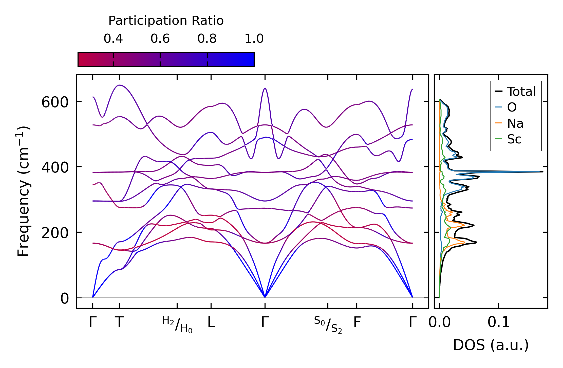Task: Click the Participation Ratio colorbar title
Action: [166, 21]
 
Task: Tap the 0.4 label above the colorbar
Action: [113, 39]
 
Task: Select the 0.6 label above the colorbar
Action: [160, 39]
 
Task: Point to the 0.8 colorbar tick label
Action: [207, 39]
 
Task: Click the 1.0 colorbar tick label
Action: [254, 39]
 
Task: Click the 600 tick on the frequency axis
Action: [55, 103]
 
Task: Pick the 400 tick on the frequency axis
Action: [55, 168]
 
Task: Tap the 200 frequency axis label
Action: [55, 233]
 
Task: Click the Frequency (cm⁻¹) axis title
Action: [24, 191]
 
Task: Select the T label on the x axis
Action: [119, 322]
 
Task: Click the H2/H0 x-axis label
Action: [177, 325]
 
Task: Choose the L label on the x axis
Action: [211, 322]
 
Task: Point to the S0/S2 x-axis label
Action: [328, 325]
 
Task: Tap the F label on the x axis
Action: [357, 322]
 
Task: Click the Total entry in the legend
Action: [521, 92]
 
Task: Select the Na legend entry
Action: [515, 124]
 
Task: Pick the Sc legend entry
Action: [514, 139]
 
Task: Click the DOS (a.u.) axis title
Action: [491, 345]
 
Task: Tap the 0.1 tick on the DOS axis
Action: [499, 322]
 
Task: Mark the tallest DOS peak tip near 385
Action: [542, 172]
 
